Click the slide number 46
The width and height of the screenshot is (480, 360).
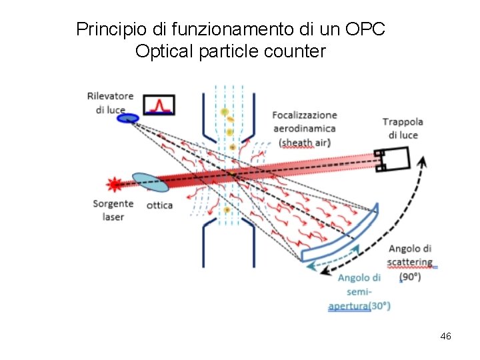(x=446, y=336)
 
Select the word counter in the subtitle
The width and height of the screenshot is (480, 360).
(x=293, y=51)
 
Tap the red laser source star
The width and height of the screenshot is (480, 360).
(x=115, y=183)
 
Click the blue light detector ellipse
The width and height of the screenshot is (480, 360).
(x=128, y=118)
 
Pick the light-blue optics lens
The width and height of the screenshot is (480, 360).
(x=151, y=183)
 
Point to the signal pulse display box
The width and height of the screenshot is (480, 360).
(x=159, y=104)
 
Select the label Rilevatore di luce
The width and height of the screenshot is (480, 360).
(x=110, y=103)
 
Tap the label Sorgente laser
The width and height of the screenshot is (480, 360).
(x=113, y=210)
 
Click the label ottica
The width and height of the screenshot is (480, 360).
(x=159, y=205)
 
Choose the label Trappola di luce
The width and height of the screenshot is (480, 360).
(x=403, y=128)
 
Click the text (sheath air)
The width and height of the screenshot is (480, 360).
(x=307, y=142)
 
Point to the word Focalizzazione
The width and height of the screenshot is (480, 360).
(x=305, y=115)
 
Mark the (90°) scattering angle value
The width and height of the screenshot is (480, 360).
(x=409, y=277)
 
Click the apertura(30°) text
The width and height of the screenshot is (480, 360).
(x=359, y=306)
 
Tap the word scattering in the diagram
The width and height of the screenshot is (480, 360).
(x=410, y=262)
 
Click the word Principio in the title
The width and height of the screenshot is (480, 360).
(x=105, y=29)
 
